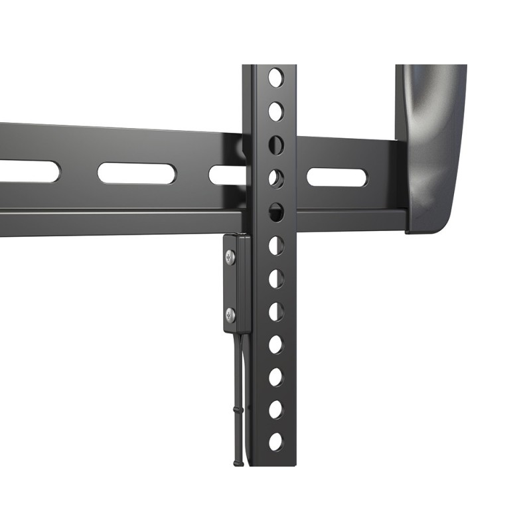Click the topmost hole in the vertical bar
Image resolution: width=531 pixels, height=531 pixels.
click(x=275, y=78)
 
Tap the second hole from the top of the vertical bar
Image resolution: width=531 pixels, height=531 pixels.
click(x=275, y=111)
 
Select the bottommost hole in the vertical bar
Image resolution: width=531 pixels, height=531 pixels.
click(x=275, y=441)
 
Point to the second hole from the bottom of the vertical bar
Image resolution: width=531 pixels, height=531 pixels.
click(x=275, y=410)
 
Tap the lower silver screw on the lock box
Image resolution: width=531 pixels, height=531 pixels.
click(x=230, y=315)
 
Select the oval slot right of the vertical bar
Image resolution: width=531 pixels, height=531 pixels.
click(x=337, y=177)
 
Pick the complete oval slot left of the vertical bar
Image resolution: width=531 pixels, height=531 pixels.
click(x=137, y=173)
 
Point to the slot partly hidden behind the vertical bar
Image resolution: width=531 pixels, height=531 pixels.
click(x=227, y=175)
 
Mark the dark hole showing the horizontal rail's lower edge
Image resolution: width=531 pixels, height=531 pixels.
click(x=275, y=212)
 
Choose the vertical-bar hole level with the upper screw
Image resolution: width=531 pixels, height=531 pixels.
click(x=275, y=246)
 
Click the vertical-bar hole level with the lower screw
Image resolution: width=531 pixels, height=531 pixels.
click(x=275, y=311)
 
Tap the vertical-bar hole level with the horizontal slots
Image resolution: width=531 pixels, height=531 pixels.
click(x=275, y=178)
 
